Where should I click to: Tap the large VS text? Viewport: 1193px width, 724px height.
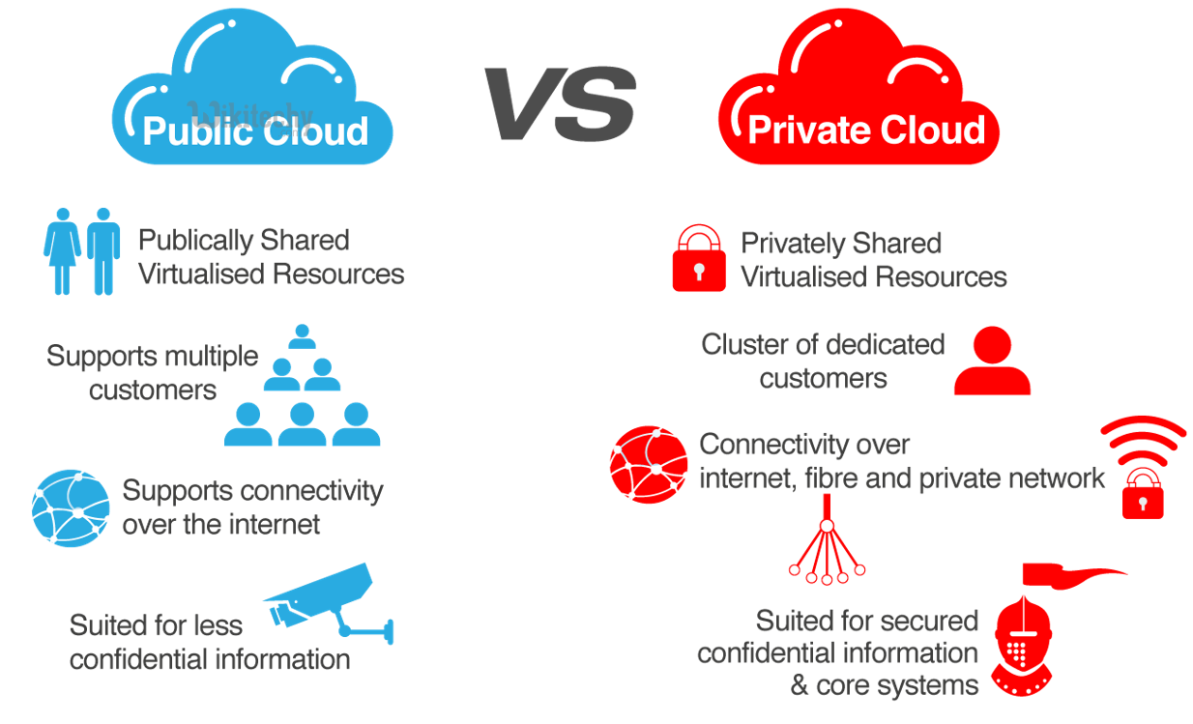tap(561, 104)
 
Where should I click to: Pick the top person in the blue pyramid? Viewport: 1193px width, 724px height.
tap(303, 335)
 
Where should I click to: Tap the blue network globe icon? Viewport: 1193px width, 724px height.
tap(70, 508)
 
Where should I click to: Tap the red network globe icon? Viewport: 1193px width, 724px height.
tap(648, 464)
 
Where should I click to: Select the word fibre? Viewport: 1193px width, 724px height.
tap(838, 478)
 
